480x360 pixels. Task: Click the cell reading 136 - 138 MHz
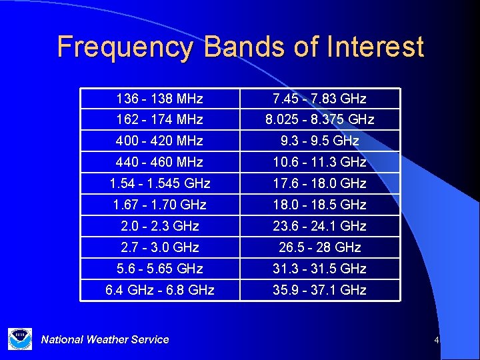[159, 99]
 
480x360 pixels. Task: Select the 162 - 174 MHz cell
[159, 120]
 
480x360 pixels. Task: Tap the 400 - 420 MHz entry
[159, 141]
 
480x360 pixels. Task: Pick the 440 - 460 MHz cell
[159, 162]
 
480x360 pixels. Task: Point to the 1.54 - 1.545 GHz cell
[159, 183]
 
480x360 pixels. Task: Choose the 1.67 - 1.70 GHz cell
[159, 205]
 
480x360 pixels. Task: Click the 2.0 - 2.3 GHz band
[159, 226]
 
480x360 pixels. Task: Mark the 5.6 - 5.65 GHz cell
[159, 269]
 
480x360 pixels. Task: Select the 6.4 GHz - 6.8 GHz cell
[159, 290]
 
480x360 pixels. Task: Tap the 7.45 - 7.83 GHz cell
[319, 99]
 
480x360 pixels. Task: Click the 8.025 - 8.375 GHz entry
[319, 120]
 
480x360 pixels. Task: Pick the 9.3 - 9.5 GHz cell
[319, 141]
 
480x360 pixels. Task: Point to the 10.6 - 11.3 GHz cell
[319, 162]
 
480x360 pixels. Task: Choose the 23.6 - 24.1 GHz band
[319, 226]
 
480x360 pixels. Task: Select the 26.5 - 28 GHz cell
[319, 247]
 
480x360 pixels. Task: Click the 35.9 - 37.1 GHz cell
[319, 290]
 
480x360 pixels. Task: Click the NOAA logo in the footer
[19, 339]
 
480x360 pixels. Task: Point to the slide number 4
[436, 341]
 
